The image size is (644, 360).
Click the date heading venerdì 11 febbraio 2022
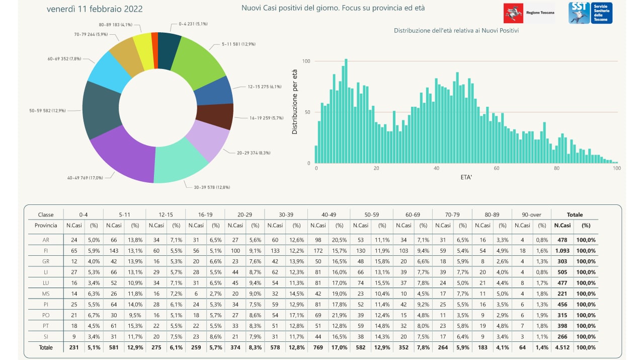(95, 9)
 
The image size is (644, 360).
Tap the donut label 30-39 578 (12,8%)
(212, 187)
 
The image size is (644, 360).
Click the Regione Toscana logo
(529, 13)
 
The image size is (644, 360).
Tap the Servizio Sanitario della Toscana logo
(590, 13)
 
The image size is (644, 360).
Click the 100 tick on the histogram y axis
(306, 61)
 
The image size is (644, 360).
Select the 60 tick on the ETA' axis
(497, 168)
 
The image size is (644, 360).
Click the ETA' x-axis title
(466, 177)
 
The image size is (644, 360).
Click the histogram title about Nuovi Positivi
(456, 31)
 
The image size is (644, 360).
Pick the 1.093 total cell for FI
(562, 250)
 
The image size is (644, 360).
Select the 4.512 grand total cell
(562, 347)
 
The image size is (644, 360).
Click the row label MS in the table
(46, 294)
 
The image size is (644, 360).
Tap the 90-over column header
(531, 214)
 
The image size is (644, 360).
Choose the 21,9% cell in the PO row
(339, 315)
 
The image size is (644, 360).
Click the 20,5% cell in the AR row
(339, 240)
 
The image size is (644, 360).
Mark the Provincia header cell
(46, 226)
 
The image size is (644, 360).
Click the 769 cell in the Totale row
(318, 347)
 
